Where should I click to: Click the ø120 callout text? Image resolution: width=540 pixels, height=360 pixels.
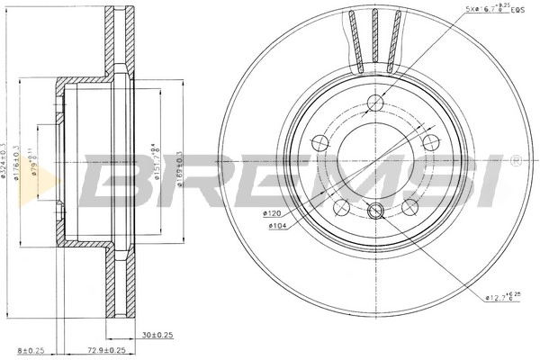(273, 213)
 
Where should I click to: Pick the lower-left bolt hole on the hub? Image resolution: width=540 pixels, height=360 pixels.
(341, 208)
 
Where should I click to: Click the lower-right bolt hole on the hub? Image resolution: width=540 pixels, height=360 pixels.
(410, 208)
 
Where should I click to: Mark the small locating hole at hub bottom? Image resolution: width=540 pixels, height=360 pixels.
(376, 211)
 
